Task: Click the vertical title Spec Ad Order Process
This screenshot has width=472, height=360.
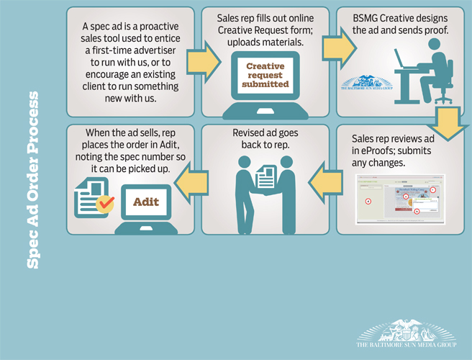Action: coord(33,180)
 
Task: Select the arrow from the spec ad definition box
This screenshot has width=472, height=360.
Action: coord(209,54)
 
